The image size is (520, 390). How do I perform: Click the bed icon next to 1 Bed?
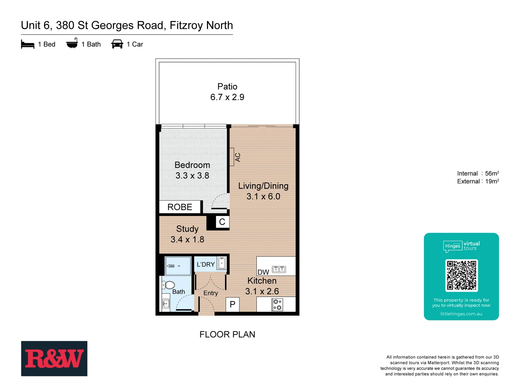coord(27,44)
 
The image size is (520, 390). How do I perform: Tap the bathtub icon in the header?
coord(72,43)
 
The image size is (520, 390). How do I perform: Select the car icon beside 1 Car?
coord(117,44)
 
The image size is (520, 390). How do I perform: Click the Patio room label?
coord(227,87)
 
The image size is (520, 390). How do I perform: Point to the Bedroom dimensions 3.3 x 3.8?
coord(192,176)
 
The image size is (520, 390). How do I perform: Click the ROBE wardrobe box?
coord(180,207)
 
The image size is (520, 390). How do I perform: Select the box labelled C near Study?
coord(222,222)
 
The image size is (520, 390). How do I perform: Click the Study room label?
coord(187,229)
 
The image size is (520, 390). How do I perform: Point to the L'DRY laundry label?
coord(205,265)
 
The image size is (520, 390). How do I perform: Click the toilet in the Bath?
coord(169,285)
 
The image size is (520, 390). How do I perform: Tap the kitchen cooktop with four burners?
coord(277,305)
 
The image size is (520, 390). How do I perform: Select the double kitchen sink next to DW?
coord(279,269)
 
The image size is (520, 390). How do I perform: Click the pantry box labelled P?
coord(233,304)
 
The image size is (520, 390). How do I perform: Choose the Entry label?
coord(211,293)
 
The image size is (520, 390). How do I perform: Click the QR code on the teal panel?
coord(461,276)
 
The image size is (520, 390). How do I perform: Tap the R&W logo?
coord(54,359)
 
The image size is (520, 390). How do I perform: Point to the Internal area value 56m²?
coord(492,174)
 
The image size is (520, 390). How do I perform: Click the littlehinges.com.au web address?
coord(461,314)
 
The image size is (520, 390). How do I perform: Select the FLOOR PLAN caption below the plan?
coord(227,335)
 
